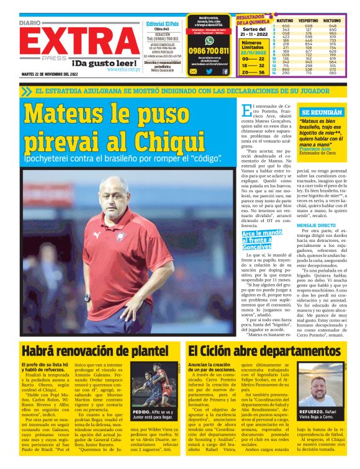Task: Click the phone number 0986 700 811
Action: pyautogui.click(x=209, y=51)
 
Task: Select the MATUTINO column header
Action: pyautogui.click(x=286, y=20)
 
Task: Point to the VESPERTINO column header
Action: pyautogui.click(x=313, y=20)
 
